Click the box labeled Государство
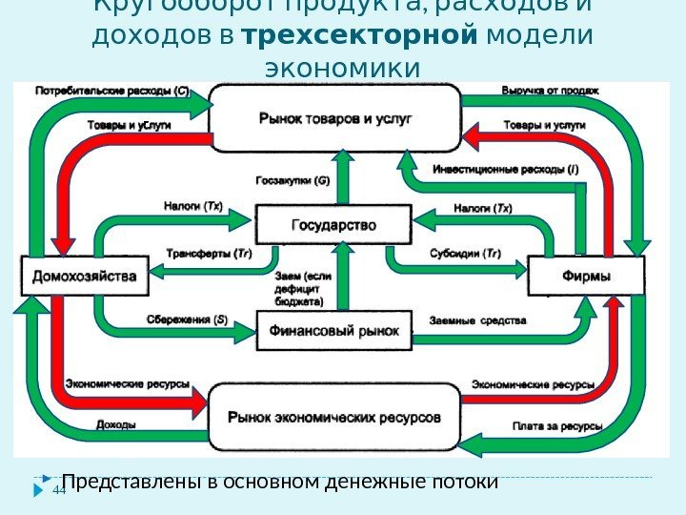[x=332, y=226]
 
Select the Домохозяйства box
[x=86, y=277]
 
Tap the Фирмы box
[x=586, y=277]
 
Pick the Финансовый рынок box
[x=332, y=331]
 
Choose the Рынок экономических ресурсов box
[x=333, y=418]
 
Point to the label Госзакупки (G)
[x=293, y=180]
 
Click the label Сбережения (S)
[x=187, y=319]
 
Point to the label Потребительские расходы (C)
[x=112, y=92]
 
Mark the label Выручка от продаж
[x=550, y=92]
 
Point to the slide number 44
[x=58, y=490]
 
